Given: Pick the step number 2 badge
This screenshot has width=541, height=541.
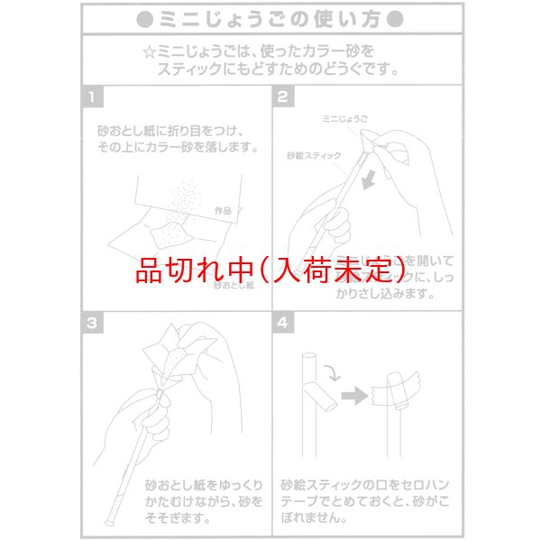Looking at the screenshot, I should tap(283, 96).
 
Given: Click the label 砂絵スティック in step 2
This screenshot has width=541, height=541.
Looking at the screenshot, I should tap(312, 156).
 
